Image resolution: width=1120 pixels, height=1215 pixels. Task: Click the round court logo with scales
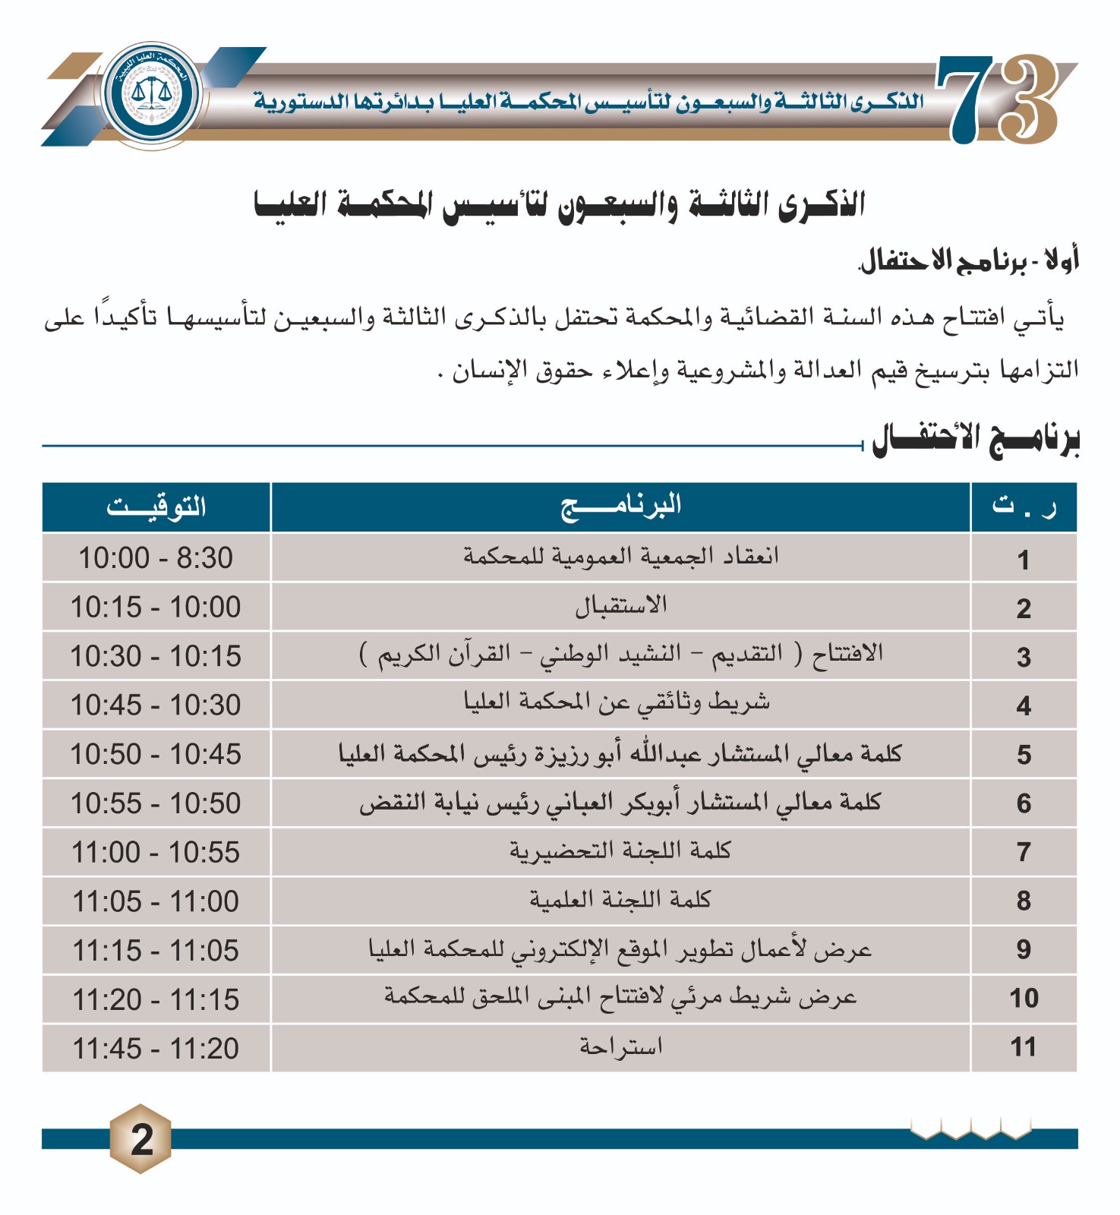(x=153, y=95)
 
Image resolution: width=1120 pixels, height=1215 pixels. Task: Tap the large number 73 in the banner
(x=997, y=99)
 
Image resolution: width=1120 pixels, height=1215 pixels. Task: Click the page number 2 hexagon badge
(x=141, y=1138)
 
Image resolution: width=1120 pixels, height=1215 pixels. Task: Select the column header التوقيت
(x=156, y=507)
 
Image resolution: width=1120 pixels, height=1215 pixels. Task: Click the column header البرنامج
(x=620, y=507)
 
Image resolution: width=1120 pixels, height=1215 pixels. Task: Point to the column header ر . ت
(x=1023, y=507)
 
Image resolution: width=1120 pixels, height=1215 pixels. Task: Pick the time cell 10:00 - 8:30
(x=156, y=558)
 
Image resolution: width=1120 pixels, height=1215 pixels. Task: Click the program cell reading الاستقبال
(x=620, y=607)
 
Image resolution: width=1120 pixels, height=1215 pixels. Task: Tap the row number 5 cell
(x=1023, y=754)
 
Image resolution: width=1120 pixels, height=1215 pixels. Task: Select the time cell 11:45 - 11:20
(x=156, y=1049)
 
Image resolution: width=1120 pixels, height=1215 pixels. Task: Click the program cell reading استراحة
(x=620, y=1048)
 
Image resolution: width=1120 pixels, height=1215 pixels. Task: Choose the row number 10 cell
(x=1023, y=999)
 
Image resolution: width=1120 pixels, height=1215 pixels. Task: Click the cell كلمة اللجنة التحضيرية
(x=620, y=851)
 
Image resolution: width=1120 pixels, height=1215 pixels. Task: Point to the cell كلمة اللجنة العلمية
(x=620, y=901)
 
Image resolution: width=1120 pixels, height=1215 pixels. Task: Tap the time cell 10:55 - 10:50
(x=156, y=803)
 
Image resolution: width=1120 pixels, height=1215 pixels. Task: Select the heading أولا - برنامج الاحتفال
(x=969, y=261)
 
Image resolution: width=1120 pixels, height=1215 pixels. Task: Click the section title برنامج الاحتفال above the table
(x=975, y=440)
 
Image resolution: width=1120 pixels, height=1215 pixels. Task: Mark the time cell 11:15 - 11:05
(x=156, y=951)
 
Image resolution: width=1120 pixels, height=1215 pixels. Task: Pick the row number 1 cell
(x=1023, y=560)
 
